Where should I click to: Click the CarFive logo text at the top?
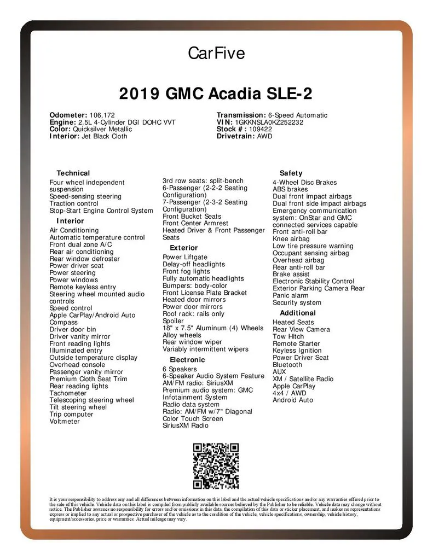[x=216, y=53]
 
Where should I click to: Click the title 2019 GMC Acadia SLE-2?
[x=216, y=94]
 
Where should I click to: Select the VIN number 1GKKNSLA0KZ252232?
[x=269, y=122]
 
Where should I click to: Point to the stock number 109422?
[x=264, y=130]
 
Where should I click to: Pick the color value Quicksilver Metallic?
[x=102, y=130]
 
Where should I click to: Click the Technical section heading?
[x=73, y=173]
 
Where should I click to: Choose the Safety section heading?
[x=291, y=173]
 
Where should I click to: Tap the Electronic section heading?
[x=187, y=360]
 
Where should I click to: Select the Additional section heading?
[x=298, y=313]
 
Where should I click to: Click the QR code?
[x=216, y=466]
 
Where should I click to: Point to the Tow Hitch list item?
[x=288, y=337]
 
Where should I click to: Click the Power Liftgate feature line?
[x=185, y=258]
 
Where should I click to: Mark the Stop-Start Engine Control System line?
[x=101, y=211]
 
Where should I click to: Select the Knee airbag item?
[x=291, y=239]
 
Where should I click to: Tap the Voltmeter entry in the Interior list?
[x=65, y=422]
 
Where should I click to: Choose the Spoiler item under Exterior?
[x=174, y=322]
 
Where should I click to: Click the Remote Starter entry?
[x=296, y=344]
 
